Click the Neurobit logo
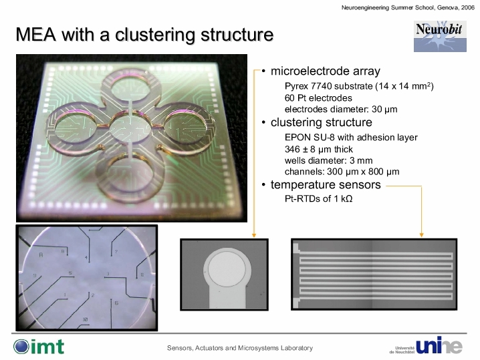point(440,36)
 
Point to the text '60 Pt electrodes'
point(318,98)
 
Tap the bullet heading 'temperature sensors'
point(326,185)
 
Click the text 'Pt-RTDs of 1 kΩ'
point(319,198)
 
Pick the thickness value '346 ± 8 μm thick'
point(319,149)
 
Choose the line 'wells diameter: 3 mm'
point(328,160)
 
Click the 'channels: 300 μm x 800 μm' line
point(342,172)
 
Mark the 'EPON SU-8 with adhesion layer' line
point(351,138)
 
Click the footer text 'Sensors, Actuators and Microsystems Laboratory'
point(240,348)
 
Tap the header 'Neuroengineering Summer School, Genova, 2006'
point(408,7)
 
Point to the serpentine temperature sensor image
point(374,275)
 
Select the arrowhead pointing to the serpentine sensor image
point(422,234)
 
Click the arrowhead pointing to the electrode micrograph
point(254,235)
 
